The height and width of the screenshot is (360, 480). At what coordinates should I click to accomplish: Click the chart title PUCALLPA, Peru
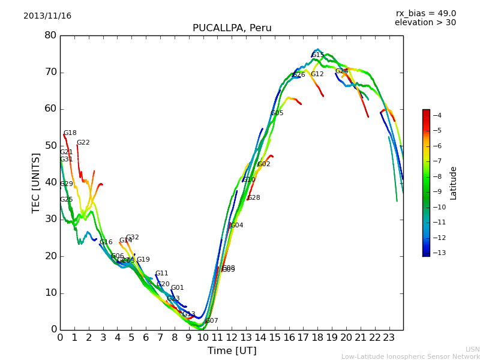pos(232,28)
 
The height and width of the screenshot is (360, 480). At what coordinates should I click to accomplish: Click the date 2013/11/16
pos(47,16)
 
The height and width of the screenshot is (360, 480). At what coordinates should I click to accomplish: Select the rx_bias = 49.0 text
pos(425,13)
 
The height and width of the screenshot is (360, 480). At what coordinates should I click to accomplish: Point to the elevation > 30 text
pos(425,23)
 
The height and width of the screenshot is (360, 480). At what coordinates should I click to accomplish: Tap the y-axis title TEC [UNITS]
pos(36,182)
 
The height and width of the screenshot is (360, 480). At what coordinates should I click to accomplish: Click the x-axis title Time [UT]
pos(232,350)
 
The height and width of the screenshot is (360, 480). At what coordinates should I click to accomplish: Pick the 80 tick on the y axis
pos(50,35)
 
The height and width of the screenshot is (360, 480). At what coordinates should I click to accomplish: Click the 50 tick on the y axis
pos(50,146)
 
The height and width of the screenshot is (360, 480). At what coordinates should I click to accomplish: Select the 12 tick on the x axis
pos(232,337)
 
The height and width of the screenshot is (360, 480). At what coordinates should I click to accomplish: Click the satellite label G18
pos(70,133)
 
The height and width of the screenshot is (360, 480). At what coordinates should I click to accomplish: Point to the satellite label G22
pos(83,143)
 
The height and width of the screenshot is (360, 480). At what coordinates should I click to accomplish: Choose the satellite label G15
pos(318,55)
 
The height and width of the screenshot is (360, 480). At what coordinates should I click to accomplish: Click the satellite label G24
pos(341,71)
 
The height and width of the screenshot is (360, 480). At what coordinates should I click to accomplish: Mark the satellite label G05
pos(277,113)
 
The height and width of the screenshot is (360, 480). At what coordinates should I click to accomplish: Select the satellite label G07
pos(212,321)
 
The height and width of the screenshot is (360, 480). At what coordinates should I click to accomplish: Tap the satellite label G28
pos(254,198)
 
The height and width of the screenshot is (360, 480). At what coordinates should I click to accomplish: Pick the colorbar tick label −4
pos(437,115)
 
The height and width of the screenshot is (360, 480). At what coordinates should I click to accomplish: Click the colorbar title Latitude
pos(453,183)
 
